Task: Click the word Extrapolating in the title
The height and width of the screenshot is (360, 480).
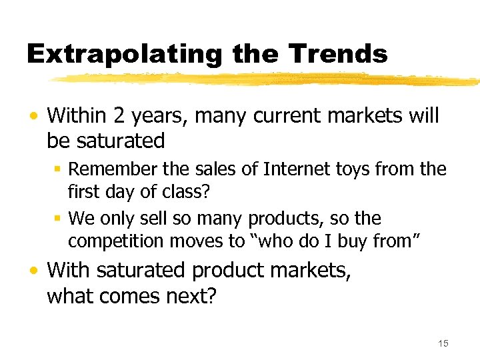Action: pos(123,53)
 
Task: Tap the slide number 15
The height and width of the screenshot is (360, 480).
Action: pos(443,343)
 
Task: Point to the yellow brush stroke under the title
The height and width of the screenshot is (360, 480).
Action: pos(267,79)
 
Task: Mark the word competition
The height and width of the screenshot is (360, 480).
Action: pos(113,242)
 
